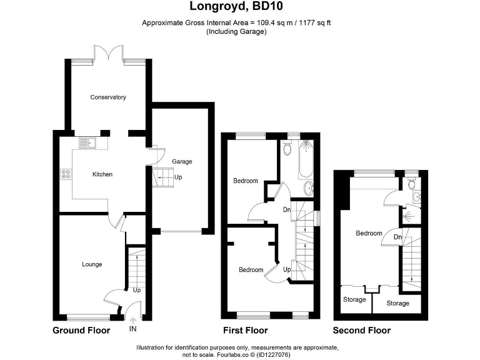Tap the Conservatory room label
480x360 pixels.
coord(107,97)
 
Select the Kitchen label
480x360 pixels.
coord(102,174)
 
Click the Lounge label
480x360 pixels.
coord(92,264)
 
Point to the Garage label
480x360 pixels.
coord(182,162)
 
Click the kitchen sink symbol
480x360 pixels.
coord(88,143)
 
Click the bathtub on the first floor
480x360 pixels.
coord(306,157)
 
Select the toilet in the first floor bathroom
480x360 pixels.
coord(287,149)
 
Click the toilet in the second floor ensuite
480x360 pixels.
coord(409,184)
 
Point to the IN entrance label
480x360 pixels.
coord(132,329)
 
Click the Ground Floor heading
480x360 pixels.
coord(81,331)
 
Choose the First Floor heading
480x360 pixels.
coord(246,331)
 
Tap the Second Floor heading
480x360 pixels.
coord(361,331)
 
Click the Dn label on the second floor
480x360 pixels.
coord(397,237)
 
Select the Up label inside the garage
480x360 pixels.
coord(179,177)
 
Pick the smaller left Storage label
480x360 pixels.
coord(354,300)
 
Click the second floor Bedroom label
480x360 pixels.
coord(369,233)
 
